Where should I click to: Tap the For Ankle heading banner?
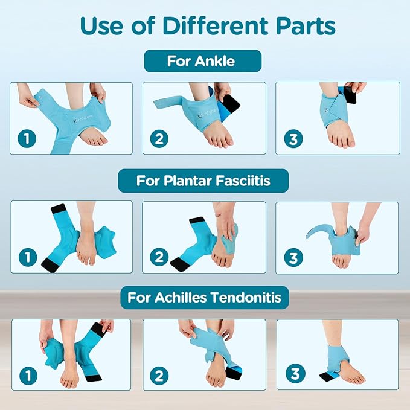(x=202, y=61)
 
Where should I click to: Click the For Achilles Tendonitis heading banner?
(x=204, y=298)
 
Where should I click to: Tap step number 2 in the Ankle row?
(x=158, y=139)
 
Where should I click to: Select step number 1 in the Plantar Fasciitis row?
(x=27, y=258)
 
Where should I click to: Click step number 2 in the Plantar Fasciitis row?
(x=158, y=258)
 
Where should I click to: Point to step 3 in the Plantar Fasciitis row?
(x=293, y=258)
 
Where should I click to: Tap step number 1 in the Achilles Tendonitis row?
(x=27, y=376)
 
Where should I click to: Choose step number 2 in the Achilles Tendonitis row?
(x=159, y=376)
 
